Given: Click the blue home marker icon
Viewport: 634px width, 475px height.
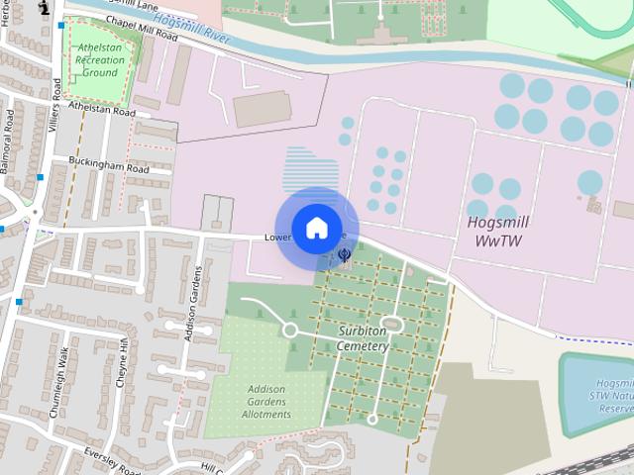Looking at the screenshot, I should [x=317, y=229].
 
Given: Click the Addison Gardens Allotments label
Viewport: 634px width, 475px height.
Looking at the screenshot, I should [x=266, y=401].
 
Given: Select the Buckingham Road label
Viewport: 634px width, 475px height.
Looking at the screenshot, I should [x=108, y=165].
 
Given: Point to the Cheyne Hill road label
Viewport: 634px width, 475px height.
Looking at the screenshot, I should [x=124, y=361].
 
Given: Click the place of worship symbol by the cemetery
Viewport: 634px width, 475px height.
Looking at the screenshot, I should [x=345, y=255].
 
